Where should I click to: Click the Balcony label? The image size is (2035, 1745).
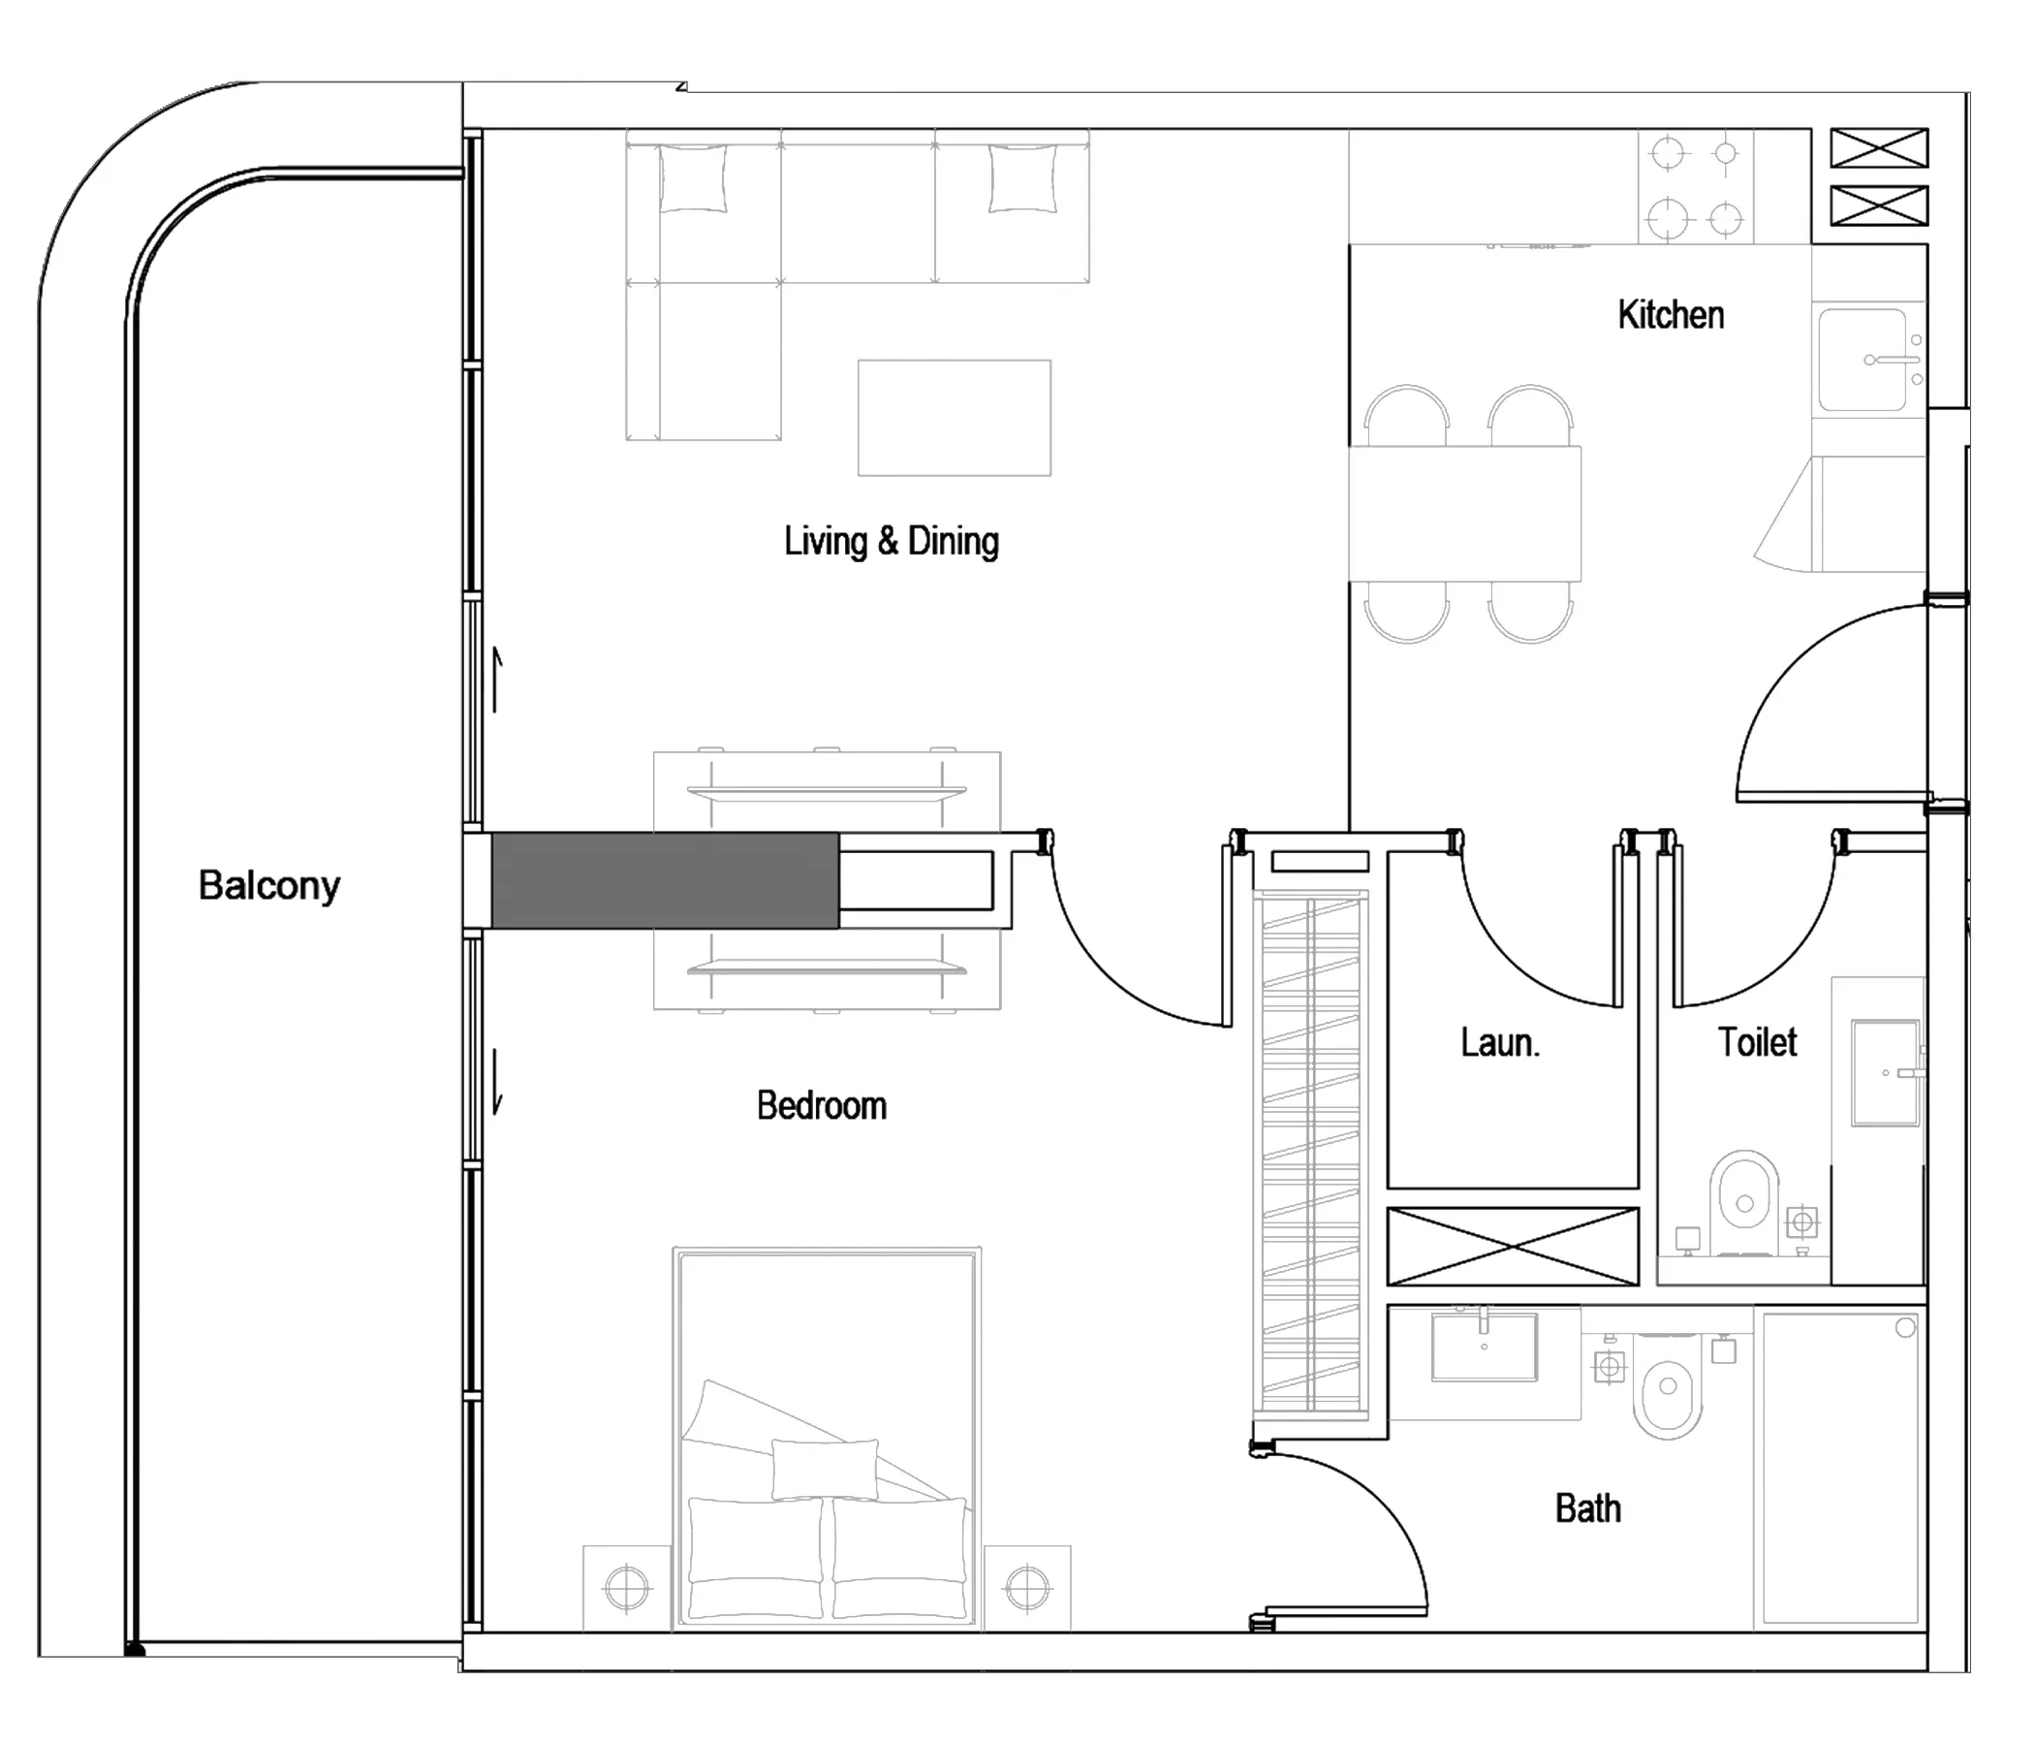[x=269, y=886]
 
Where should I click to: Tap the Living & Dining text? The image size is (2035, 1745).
[x=891, y=541]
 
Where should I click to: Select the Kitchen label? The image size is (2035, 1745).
[x=1671, y=315]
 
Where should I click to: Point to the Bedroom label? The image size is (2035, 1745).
[x=821, y=1106]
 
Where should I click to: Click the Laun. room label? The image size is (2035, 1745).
[x=1500, y=1042]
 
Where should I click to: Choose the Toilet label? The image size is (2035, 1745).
[x=1757, y=1042]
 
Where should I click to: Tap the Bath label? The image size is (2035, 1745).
[x=1588, y=1508]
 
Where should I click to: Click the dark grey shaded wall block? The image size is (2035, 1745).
[x=665, y=880]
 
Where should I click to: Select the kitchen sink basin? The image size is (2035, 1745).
[x=1863, y=360]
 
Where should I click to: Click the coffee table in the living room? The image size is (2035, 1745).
[x=955, y=418]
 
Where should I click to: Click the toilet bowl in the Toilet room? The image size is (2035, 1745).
[x=1744, y=1202]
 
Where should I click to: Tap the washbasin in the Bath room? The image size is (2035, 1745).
[x=1484, y=1347]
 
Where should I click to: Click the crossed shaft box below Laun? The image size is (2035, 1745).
[x=1513, y=1247]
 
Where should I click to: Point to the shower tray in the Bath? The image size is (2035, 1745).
[x=1840, y=1467]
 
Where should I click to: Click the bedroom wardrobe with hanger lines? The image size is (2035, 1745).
[x=1311, y=1152]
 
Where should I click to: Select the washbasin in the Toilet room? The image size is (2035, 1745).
[x=1885, y=1072]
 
